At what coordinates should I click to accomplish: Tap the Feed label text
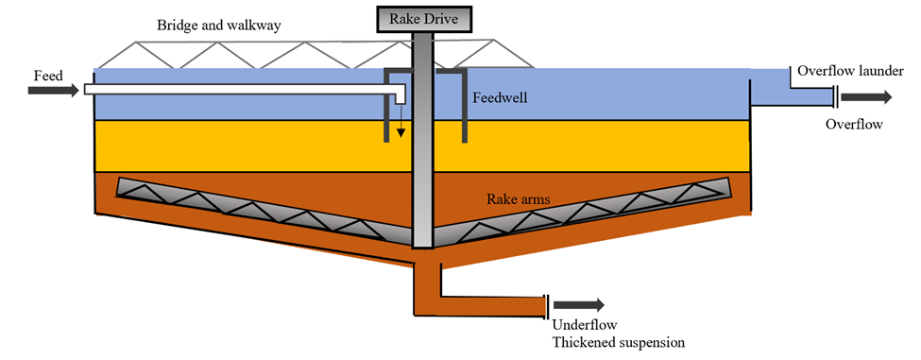(48, 74)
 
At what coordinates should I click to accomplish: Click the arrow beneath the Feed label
(53, 91)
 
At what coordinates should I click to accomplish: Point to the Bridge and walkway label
(211, 25)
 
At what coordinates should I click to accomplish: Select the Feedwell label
(503, 97)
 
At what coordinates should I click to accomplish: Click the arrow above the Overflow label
(864, 97)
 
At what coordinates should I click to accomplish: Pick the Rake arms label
(519, 199)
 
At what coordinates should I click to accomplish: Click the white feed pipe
(236, 90)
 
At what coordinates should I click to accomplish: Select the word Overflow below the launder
(853, 124)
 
